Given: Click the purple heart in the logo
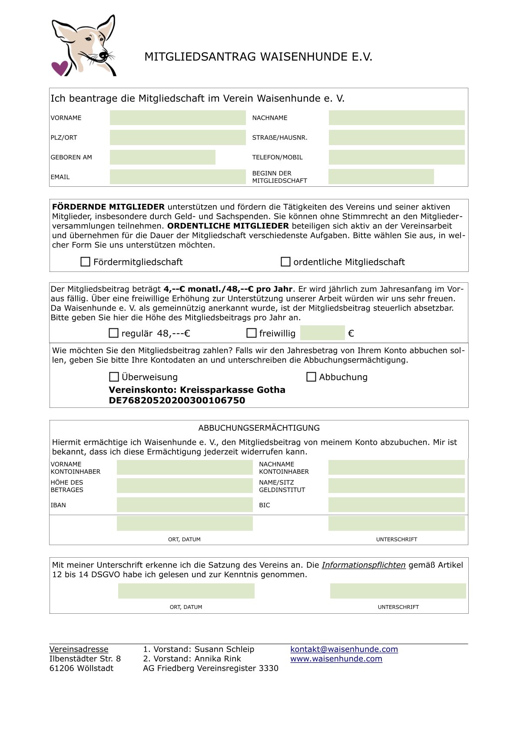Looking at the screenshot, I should (x=60, y=67).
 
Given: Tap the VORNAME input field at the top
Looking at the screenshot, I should (x=178, y=118).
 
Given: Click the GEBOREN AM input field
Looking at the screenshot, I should (x=162, y=157).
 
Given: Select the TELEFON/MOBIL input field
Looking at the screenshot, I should (x=397, y=157).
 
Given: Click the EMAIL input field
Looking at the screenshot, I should (x=178, y=177).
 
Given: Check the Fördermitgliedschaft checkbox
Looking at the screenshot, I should (x=86, y=262).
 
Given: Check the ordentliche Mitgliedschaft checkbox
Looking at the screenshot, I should (x=285, y=262).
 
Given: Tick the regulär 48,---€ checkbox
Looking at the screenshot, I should (x=113, y=333).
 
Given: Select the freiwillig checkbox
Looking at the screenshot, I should (x=251, y=333).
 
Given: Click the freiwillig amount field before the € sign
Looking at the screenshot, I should (x=322, y=333).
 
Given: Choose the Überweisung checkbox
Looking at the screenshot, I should (x=114, y=377).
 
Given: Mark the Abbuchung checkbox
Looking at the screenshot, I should (x=311, y=377).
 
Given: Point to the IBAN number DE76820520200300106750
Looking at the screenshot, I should (x=177, y=400).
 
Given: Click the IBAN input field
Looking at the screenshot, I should (x=185, y=505).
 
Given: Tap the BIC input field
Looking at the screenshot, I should (x=397, y=505).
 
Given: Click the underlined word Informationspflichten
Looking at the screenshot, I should (x=364, y=565).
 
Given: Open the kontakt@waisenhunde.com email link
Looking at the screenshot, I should (x=344, y=649).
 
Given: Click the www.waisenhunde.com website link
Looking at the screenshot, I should (x=336, y=659).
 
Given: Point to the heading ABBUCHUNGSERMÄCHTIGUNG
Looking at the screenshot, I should (x=259, y=428).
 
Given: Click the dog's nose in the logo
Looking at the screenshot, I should (x=103, y=55).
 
